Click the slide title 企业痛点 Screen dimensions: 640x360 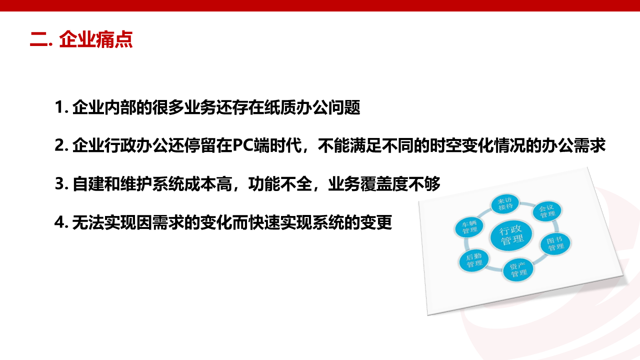[95, 39]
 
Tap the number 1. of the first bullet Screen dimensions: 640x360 [61, 107]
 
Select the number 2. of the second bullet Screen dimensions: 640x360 [61, 145]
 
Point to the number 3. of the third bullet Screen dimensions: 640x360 [61, 183]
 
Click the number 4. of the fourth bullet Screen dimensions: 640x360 [61, 222]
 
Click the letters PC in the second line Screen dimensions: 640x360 [242, 145]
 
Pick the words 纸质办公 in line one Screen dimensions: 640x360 [296, 107]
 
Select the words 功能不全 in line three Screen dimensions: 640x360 [280, 183]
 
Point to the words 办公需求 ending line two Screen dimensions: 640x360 [573, 145]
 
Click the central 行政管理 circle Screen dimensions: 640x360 [511, 236]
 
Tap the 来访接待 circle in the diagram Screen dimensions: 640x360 [505, 203]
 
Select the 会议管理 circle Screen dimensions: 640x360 [547, 211]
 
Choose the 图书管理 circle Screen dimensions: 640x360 [555, 243]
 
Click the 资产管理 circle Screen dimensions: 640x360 [518, 270]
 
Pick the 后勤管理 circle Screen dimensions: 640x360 [474, 260]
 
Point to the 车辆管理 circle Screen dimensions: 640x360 [469, 227]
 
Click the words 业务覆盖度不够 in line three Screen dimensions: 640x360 [384, 183]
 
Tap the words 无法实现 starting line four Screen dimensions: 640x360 [104, 222]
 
